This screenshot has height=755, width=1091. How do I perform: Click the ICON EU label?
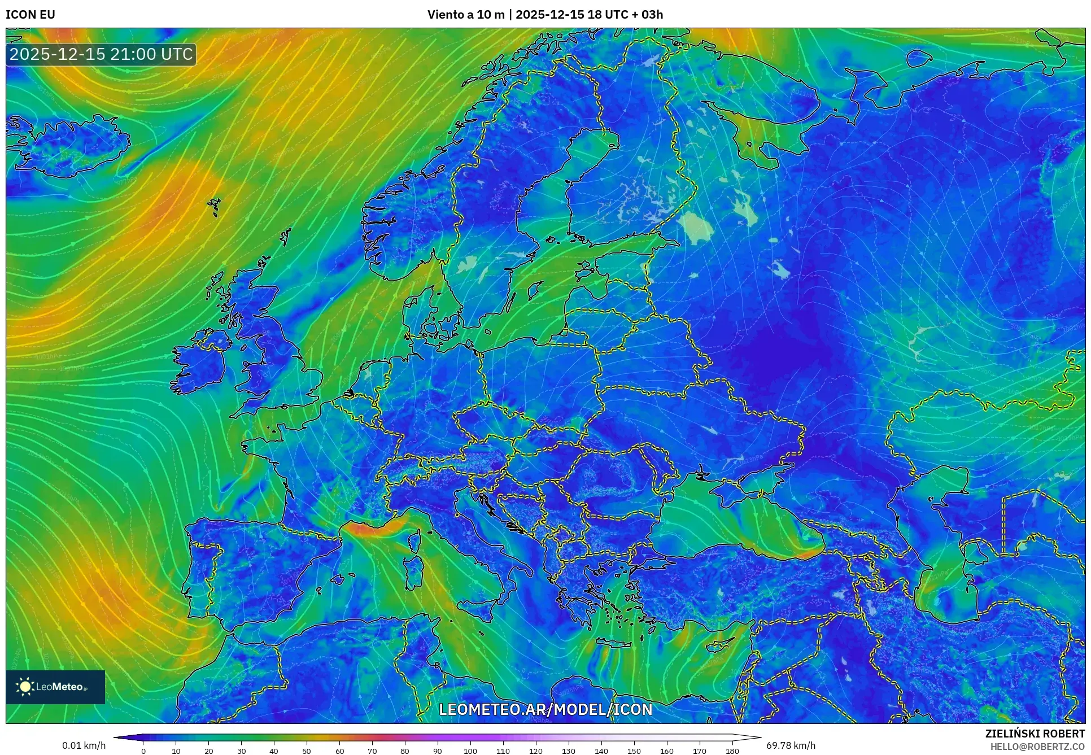pos(30,15)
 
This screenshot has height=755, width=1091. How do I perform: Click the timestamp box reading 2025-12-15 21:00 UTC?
pos(101,55)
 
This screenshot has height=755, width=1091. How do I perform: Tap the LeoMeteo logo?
pos(55,687)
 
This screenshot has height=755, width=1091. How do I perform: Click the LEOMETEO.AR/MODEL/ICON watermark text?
pos(545,709)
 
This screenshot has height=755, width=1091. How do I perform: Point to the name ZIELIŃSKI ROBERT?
pos(1035,734)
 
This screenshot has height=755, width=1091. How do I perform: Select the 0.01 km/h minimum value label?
pos(84,745)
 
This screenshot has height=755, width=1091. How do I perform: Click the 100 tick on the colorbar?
pos(470,751)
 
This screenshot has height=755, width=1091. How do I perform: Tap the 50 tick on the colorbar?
pos(307,751)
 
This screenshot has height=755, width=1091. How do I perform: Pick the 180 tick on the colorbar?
pos(732,751)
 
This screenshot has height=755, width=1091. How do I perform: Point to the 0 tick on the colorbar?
pos(143,751)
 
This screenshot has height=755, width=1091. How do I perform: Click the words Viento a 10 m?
pos(466,15)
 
